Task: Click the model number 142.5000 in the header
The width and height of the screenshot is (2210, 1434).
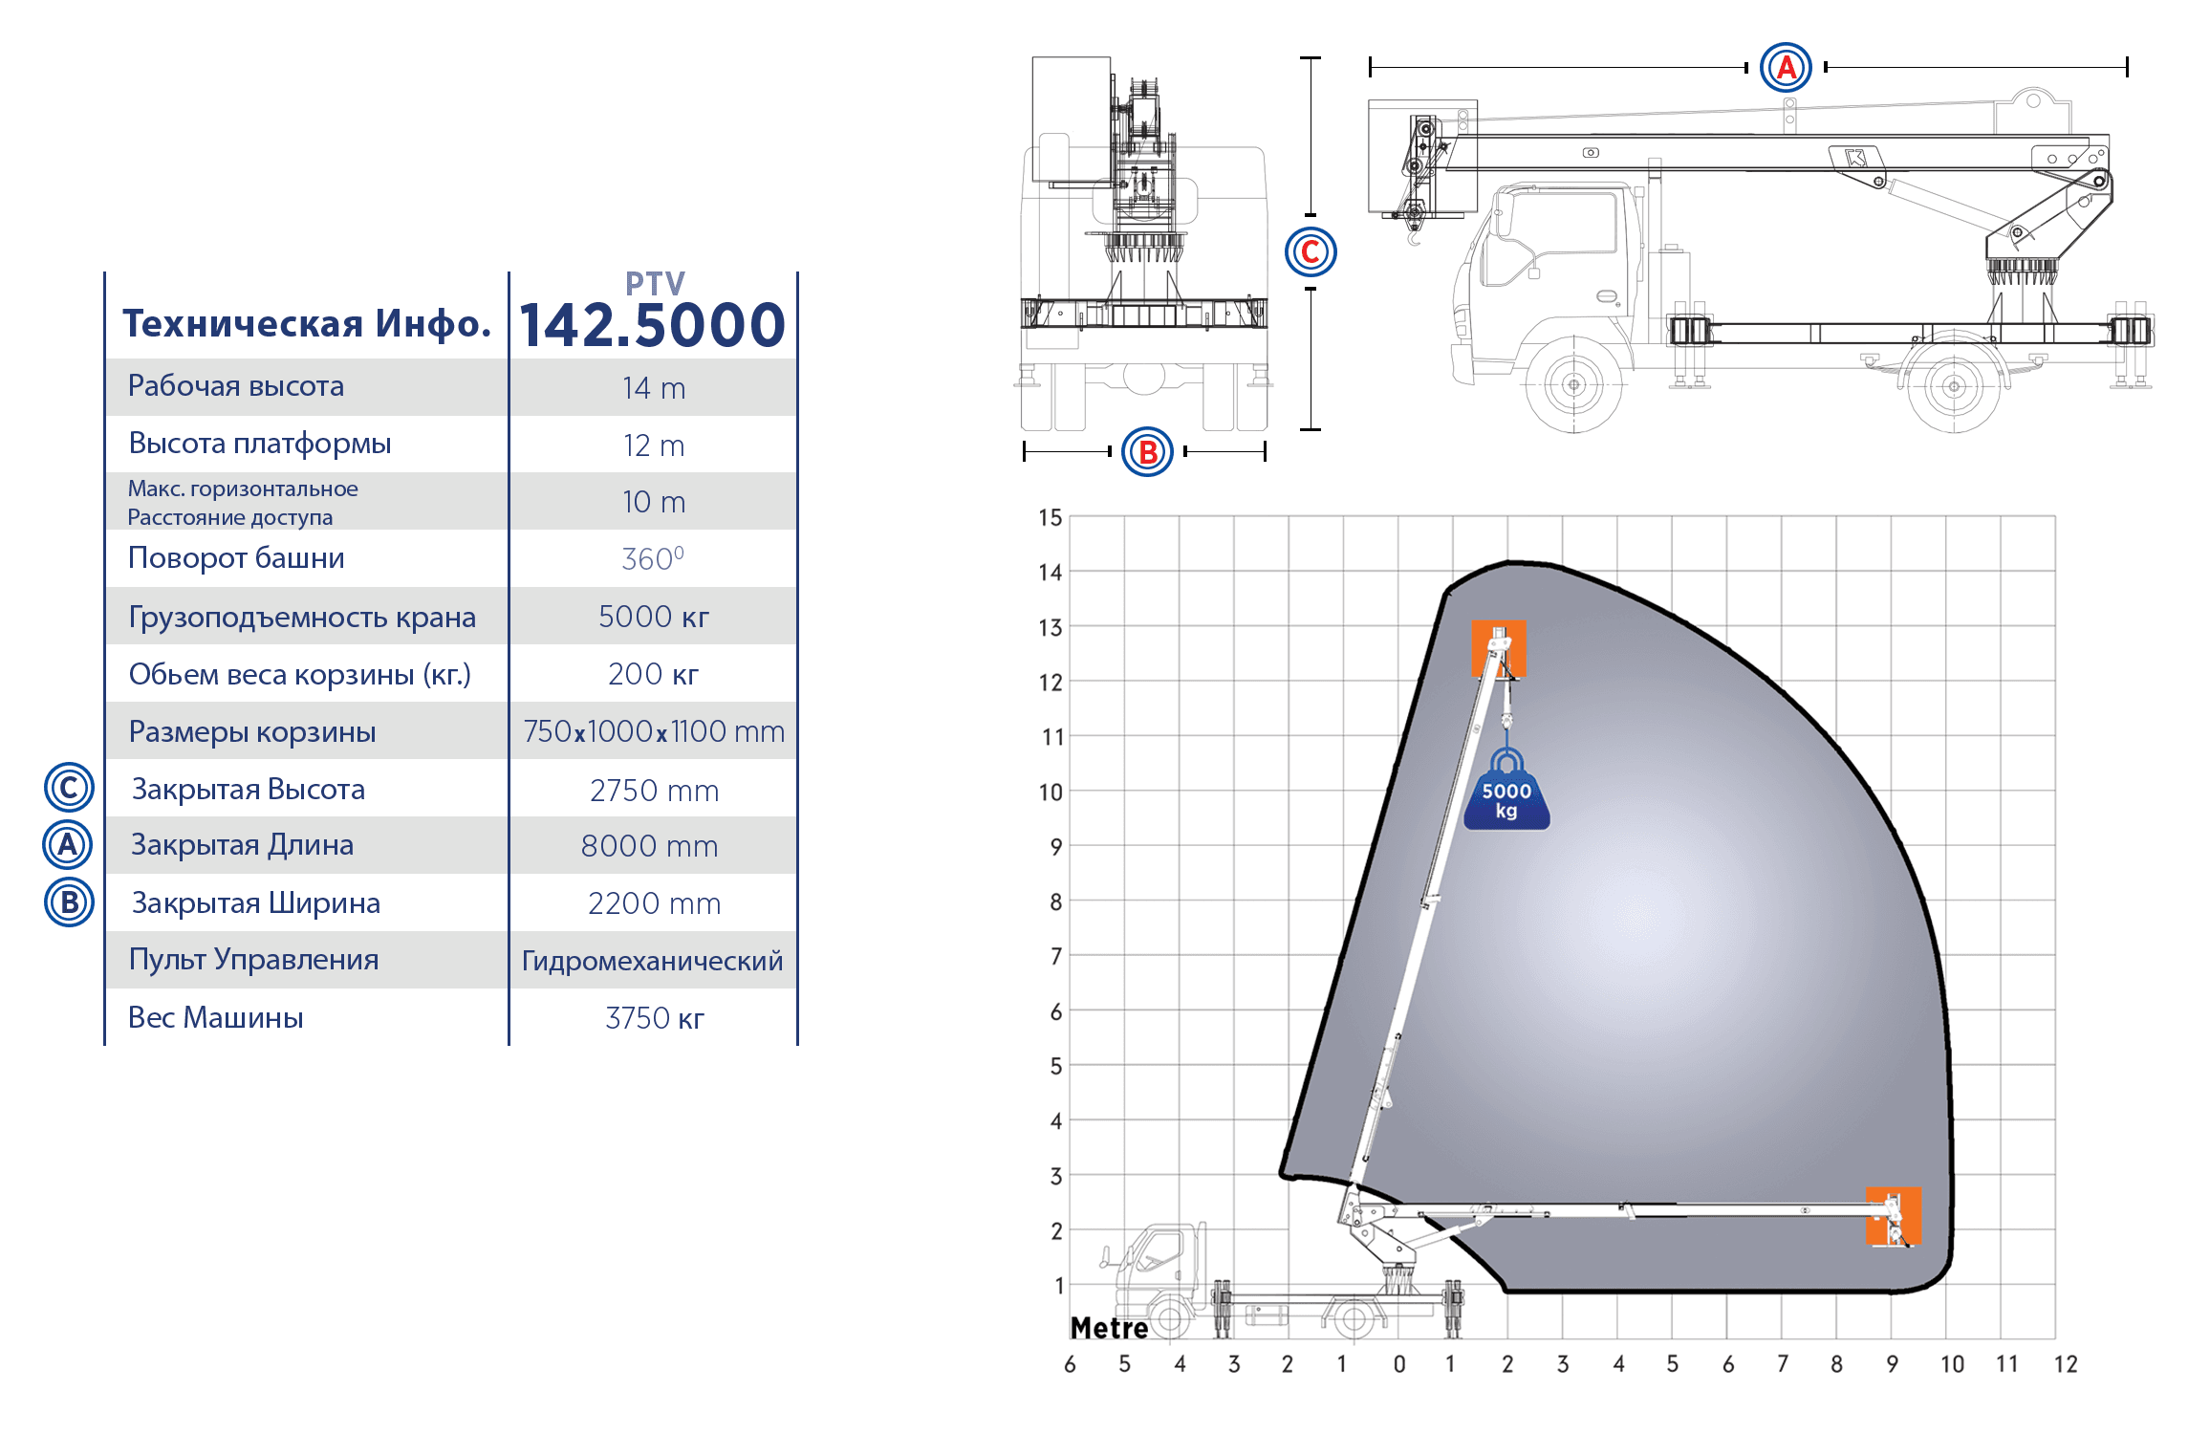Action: click(652, 325)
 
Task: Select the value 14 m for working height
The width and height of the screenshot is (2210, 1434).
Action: click(654, 388)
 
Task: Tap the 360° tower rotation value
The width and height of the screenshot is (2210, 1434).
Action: click(653, 558)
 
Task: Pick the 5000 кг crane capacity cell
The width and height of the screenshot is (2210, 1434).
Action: click(654, 617)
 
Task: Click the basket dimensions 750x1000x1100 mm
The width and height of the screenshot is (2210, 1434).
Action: click(654, 731)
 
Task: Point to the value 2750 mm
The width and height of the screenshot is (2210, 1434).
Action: click(654, 791)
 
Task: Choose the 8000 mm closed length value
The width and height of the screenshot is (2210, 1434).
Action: click(650, 846)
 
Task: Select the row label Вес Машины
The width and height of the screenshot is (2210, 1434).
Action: click(216, 1017)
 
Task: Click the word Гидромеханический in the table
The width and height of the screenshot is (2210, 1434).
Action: click(653, 961)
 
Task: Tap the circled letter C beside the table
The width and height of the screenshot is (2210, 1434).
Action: click(69, 788)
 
